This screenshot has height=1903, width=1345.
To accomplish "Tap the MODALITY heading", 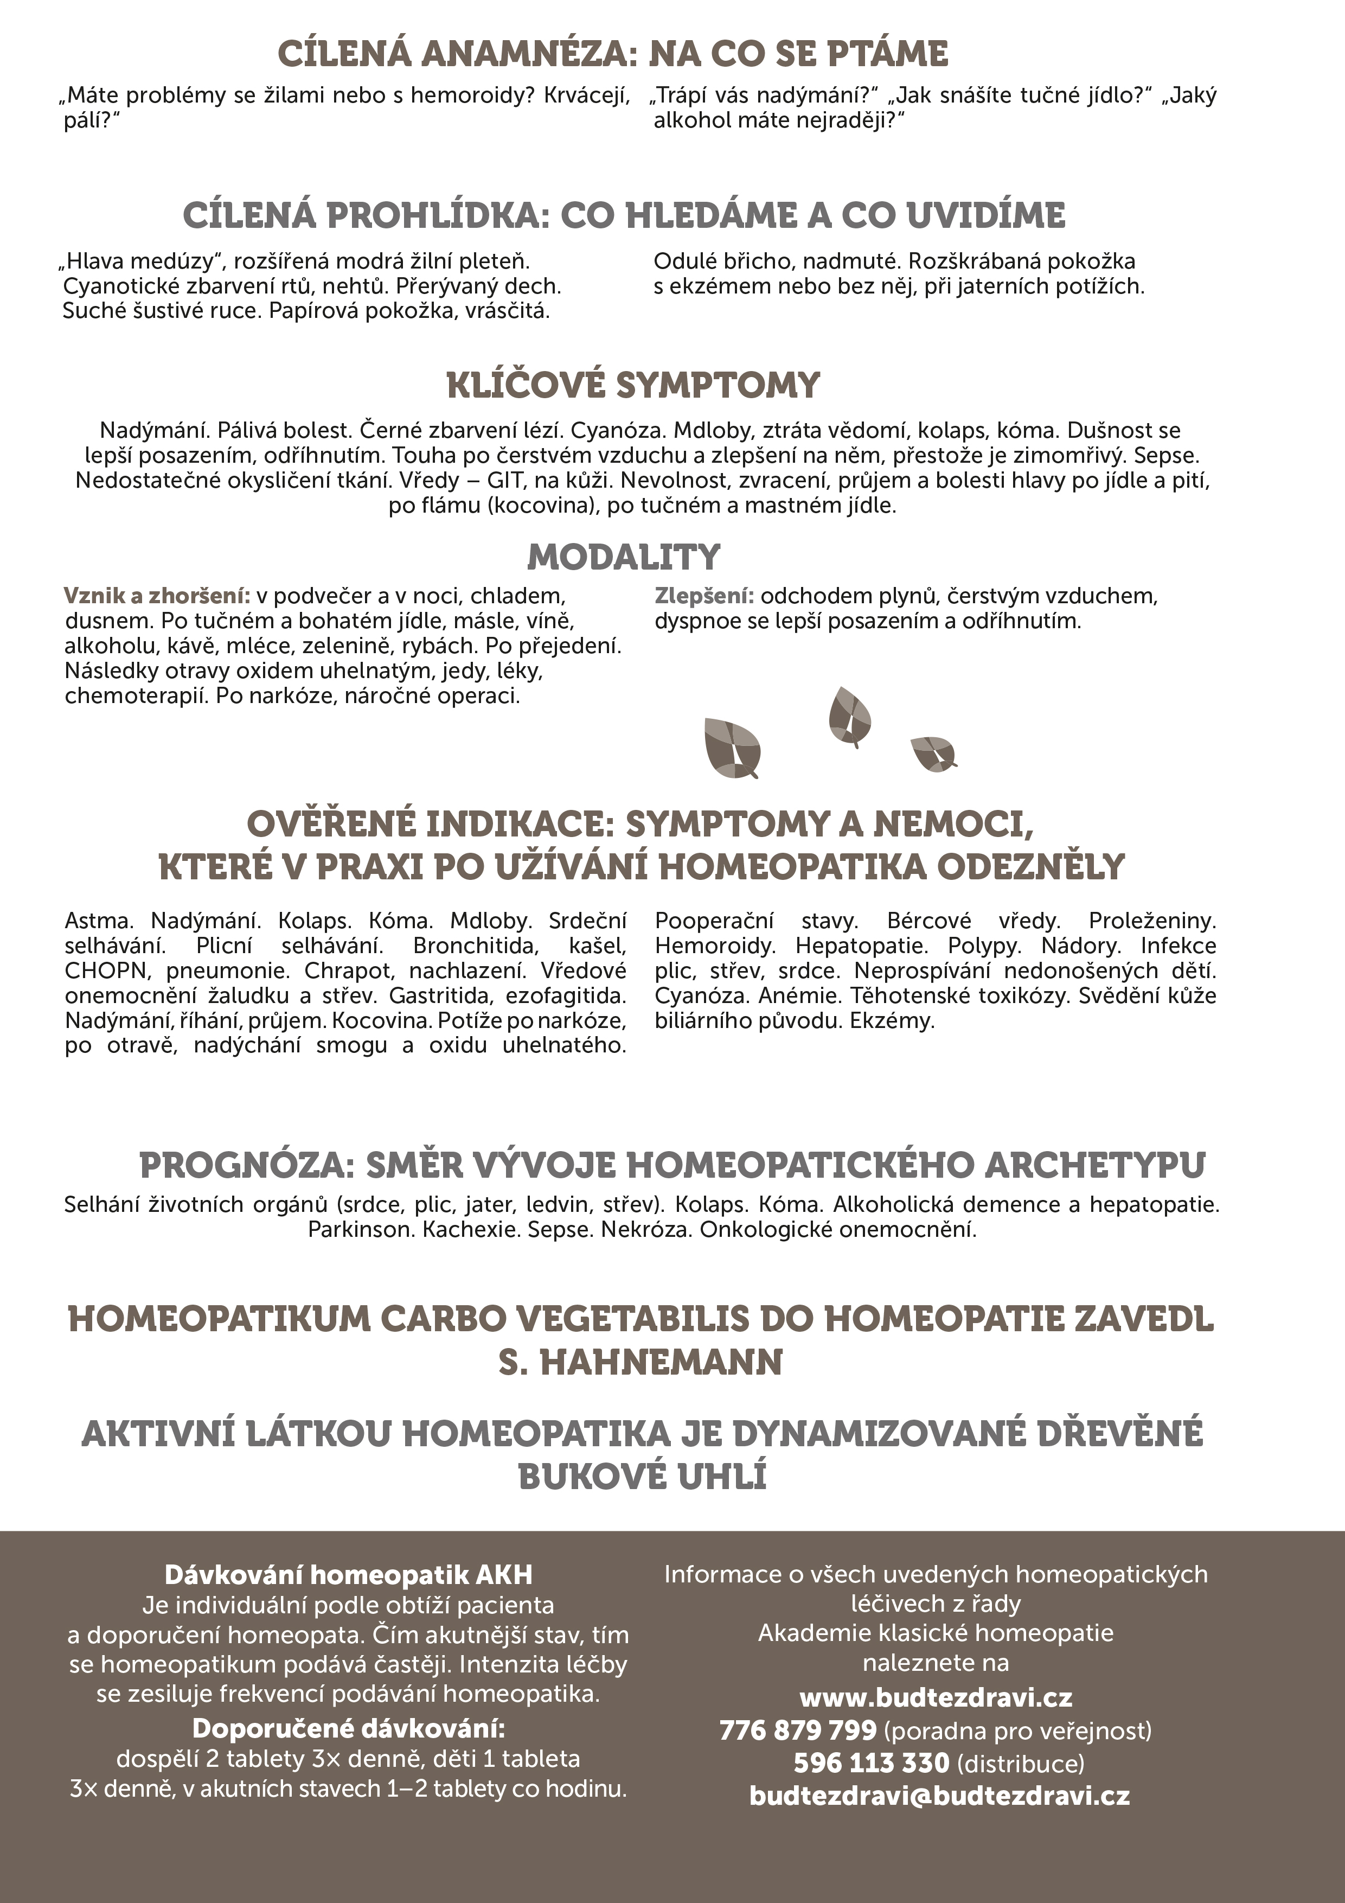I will (624, 557).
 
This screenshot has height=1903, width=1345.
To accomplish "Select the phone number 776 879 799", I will (797, 1730).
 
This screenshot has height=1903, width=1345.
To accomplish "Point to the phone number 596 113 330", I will (871, 1761).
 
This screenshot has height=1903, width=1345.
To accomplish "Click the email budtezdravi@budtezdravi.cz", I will (939, 1795).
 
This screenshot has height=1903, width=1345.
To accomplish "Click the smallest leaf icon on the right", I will (932, 752).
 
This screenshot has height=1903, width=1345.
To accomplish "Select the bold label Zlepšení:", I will (703, 596).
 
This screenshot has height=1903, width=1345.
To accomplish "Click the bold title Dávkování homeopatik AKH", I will (348, 1575).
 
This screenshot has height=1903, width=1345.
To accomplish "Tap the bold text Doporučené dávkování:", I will (348, 1729).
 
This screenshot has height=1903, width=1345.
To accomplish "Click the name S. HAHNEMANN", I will (641, 1363).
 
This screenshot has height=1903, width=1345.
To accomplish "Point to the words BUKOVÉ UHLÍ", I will (642, 1477).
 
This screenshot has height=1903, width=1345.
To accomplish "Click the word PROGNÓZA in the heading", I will (246, 1165).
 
